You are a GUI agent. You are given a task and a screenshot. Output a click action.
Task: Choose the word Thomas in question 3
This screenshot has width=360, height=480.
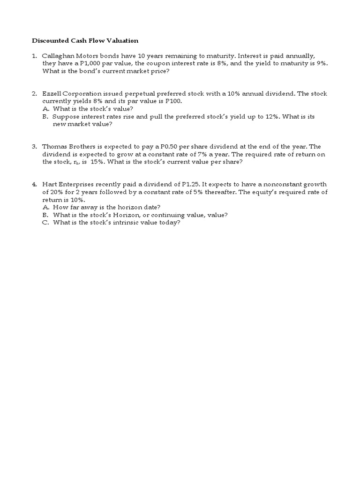click(54, 146)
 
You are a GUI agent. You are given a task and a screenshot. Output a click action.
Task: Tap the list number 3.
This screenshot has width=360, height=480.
click(34, 146)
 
